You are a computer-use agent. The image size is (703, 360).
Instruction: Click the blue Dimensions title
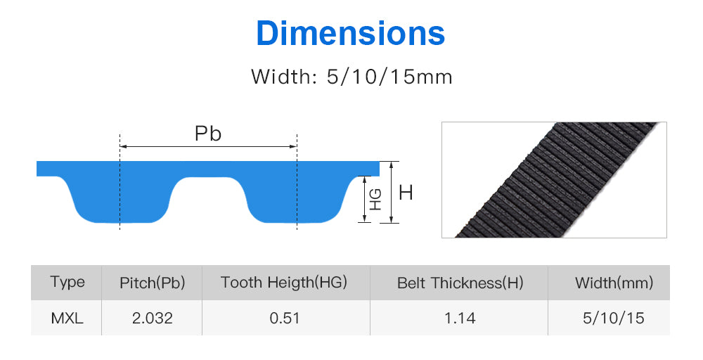[350, 33]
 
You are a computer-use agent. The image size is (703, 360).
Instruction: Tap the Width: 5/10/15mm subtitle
[351, 77]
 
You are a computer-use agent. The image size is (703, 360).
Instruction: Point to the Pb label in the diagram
[208, 134]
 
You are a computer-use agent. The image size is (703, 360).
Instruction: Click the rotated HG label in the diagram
[375, 200]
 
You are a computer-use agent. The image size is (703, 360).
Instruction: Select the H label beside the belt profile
[406, 193]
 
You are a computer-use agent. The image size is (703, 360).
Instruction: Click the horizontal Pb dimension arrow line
[209, 146]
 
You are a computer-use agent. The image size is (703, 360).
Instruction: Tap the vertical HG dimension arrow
[364, 199]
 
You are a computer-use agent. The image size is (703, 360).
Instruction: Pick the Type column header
[67, 282]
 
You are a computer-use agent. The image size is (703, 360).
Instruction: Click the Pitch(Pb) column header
[153, 283]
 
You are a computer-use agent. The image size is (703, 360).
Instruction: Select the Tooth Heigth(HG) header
[284, 283]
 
